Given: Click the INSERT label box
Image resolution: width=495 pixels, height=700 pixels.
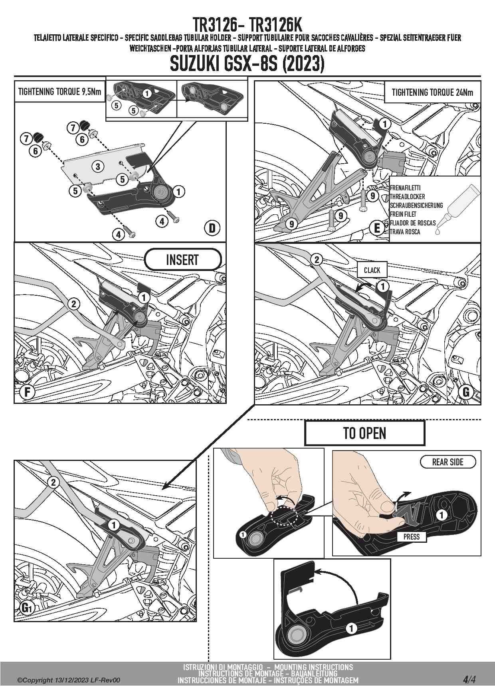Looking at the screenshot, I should coord(182,260).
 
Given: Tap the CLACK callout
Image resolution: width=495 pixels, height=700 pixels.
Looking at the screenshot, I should coord(372,270).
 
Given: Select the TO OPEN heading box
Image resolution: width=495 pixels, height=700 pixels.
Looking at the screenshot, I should coord(364,433).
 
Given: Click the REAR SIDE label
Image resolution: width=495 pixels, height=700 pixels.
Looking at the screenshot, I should coord(447,462).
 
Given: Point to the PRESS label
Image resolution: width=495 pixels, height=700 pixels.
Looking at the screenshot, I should coord(411,537).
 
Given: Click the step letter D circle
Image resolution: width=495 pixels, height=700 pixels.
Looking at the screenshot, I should coord(212,228).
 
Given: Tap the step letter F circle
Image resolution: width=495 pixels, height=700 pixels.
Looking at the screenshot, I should coord(27,392).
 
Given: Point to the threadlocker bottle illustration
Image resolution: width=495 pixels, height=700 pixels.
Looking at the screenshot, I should coord(459,208).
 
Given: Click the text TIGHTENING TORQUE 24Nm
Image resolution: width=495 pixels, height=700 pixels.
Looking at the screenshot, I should coord(432,93).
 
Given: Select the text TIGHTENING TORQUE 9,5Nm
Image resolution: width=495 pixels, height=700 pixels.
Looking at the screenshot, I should coord(59,92).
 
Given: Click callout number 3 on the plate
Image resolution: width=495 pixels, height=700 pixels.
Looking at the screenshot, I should coord(98,166).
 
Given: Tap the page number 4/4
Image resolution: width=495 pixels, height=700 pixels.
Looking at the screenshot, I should coord(469,680).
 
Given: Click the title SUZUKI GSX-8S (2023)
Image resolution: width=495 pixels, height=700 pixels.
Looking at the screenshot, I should coord(247,64).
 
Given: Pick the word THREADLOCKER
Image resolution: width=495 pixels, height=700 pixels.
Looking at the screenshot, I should coord(407,197).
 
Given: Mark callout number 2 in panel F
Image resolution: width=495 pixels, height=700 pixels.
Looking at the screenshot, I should coord(73,304).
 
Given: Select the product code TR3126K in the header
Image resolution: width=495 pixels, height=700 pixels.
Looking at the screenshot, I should coord(275,26).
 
